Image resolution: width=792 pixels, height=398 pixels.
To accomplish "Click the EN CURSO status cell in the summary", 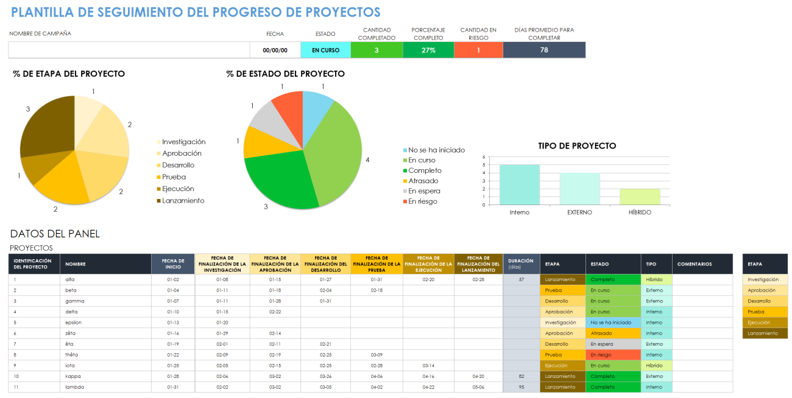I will pyautogui.click(x=325, y=50).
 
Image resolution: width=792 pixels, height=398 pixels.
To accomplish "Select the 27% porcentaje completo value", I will pyautogui.click(x=428, y=50).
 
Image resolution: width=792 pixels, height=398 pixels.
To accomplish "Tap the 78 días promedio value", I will pyautogui.click(x=543, y=50).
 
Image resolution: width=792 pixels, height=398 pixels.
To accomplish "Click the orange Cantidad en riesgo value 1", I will pyautogui.click(x=478, y=50).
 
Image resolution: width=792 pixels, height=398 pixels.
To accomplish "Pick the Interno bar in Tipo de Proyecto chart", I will pyautogui.click(x=519, y=185).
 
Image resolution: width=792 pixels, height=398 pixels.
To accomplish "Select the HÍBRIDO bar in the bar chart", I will pyautogui.click(x=640, y=197).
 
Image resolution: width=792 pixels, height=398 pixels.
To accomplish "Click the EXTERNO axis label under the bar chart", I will pyautogui.click(x=579, y=212).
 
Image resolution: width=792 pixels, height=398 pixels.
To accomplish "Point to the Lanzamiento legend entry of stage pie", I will pyautogui.click(x=183, y=201).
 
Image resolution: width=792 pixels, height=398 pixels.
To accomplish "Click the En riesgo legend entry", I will pyautogui.click(x=422, y=201).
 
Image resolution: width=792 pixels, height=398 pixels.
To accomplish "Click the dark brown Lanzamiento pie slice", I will pyautogui.click(x=46, y=128).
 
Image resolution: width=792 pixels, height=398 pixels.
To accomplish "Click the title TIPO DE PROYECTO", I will pyautogui.click(x=577, y=146).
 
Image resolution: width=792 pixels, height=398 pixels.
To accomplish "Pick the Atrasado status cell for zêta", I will pyautogui.click(x=612, y=333).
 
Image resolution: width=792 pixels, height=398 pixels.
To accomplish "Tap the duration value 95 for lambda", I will pyautogui.click(x=521, y=387).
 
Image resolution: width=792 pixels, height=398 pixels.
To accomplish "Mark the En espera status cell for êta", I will pyautogui.click(x=612, y=344).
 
